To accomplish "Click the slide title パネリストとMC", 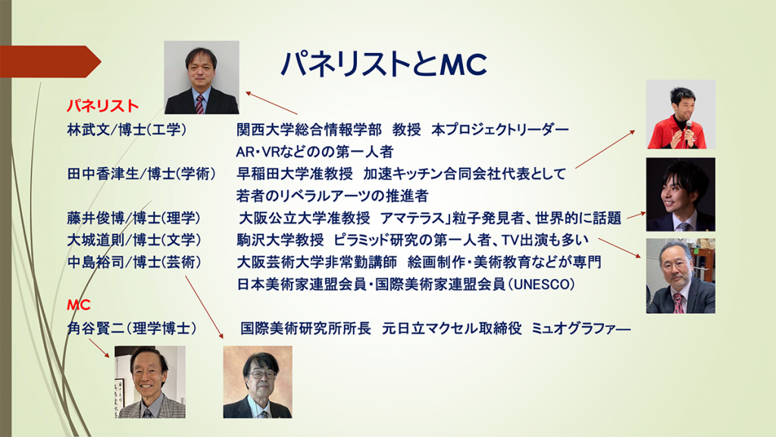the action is pyautogui.click(x=384, y=64).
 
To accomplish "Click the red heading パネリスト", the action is pyautogui.click(x=103, y=106).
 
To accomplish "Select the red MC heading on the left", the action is pyautogui.click(x=79, y=305).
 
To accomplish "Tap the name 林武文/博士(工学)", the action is pyautogui.click(x=127, y=130).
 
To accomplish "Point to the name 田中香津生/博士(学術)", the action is pyautogui.click(x=142, y=174).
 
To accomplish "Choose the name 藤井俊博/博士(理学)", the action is pyautogui.click(x=133, y=218).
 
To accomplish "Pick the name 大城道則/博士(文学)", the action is pyautogui.click(x=134, y=240).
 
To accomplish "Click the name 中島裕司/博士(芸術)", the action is pyautogui.click(x=134, y=262).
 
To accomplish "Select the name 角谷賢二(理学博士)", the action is pyautogui.click(x=132, y=328).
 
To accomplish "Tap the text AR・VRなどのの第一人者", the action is pyautogui.click(x=314, y=152).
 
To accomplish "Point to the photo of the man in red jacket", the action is pyautogui.click(x=681, y=115).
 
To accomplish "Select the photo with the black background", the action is pyautogui.click(x=681, y=194).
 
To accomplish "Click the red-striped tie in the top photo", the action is pyautogui.click(x=200, y=105).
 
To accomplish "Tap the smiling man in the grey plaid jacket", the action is pyautogui.click(x=150, y=382).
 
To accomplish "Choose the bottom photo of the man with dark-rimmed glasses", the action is pyautogui.click(x=258, y=382).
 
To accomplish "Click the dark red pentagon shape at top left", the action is pyautogui.click(x=51, y=61).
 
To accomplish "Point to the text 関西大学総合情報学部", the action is pyautogui.click(x=309, y=130).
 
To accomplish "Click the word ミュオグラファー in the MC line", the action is pyautogui.click(x=581, y=328).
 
